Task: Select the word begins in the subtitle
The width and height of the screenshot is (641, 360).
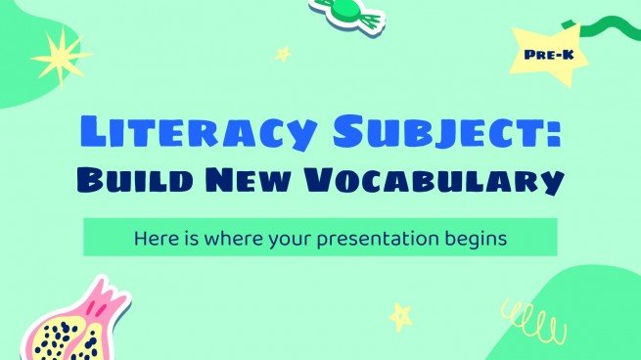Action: pos(477,238)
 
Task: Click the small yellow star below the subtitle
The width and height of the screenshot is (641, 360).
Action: pos(400,315)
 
